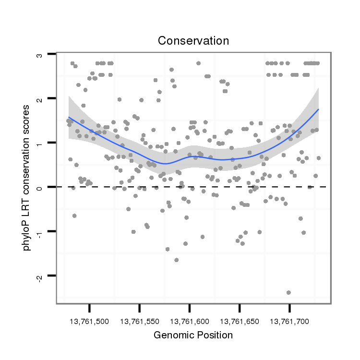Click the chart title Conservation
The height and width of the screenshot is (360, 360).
point(193,41)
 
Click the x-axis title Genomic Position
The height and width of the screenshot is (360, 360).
point(193,336)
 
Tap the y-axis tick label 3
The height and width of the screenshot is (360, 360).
point(40,55)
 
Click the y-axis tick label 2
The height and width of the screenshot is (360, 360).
point(40,99)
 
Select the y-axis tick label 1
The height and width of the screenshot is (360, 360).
point(40,143)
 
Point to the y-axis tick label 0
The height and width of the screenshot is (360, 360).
point(40,187)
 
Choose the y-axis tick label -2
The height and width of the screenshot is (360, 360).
point(40,276)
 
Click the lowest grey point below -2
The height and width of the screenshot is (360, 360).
point(288,292)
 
